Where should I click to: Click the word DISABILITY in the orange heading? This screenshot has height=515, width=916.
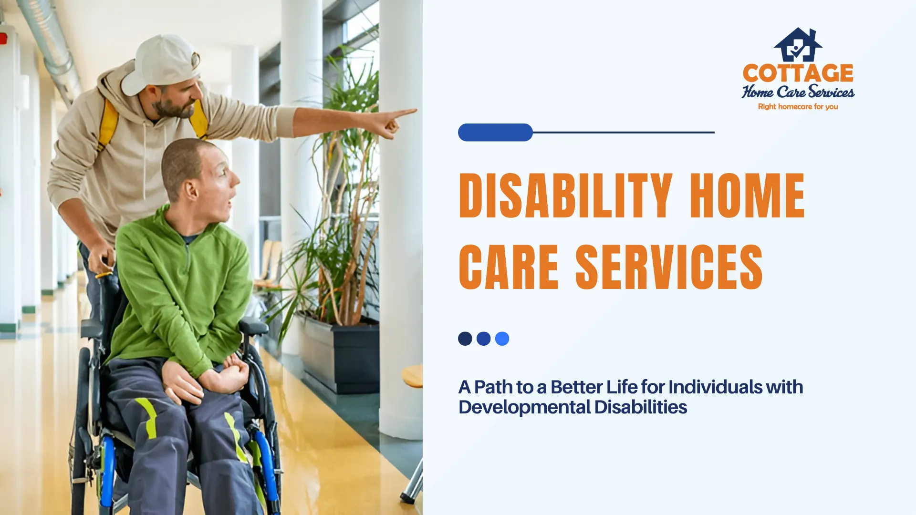click(x=565, y=196)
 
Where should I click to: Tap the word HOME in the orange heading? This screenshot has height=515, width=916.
click(x=747, y=196)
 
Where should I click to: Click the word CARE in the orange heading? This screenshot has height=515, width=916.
click(x=509, y=267)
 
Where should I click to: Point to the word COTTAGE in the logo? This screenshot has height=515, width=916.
click(x=798, y=73)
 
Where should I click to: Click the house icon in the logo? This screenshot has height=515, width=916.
click(x=798, y=45)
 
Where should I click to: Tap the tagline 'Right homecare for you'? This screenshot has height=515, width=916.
click(x=798, y=106)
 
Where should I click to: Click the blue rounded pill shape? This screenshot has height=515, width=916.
click(x=495, y=132)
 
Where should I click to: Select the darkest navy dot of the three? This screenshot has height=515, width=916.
click(x=465, y=339)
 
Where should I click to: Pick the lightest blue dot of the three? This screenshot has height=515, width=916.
click(x=502, y=339)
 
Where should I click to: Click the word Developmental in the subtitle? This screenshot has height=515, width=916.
click(x=524, y=407)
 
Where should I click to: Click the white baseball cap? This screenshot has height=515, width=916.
click(x=160, y=64)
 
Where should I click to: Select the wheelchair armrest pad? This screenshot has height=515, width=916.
click(x=253, y=326)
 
